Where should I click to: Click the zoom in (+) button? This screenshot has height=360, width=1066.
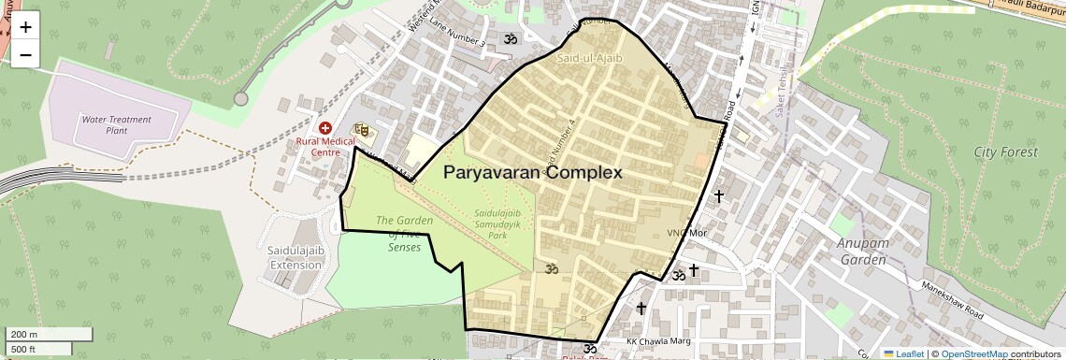[25, 27]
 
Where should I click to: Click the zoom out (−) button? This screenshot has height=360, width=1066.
[25, 55]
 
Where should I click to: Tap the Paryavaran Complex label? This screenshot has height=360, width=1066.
[532, 173]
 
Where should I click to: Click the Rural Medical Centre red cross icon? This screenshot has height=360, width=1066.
[324, 127]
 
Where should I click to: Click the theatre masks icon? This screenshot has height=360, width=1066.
[361, 130]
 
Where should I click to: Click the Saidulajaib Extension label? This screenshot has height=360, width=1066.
[295, 258]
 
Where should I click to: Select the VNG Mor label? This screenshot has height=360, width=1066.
[684, 233]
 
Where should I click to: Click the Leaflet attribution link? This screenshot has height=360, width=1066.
[903, 353]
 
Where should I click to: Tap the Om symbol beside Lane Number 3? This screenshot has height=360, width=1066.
[511, 40]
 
